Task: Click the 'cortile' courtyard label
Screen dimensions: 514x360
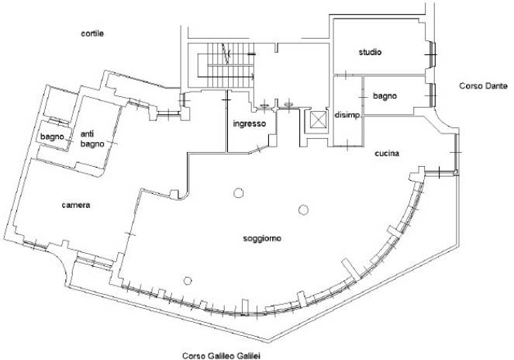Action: click(x=92, y=33)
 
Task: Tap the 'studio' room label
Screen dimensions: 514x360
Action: click(x=370, y=52)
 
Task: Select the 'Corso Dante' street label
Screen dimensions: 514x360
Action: click(x=483, y=86)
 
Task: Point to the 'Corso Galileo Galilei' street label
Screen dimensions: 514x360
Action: click(x=221, y=356)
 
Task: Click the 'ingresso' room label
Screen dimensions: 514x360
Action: click(x=250, y=124)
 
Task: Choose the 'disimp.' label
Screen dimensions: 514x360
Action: click(x=348, y=116)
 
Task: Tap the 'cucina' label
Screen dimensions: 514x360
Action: click(x=387, y=154)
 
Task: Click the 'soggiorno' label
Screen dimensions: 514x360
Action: click(x=262, y=239)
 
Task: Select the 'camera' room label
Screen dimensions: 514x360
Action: click(x=76, y=205)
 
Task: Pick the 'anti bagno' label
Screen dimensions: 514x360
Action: click(x=92, y=139)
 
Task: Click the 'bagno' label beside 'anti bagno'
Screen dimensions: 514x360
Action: click(x=52, y=137)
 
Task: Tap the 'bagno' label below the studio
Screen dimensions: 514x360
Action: click(x=385, y=96)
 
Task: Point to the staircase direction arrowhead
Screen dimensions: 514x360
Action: click(x=253, y=77)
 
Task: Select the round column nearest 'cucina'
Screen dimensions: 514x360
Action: click(x=304, y=209)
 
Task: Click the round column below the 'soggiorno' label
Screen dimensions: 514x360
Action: click(x=188, y=281)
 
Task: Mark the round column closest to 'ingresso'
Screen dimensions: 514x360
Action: click(x=238, y=193)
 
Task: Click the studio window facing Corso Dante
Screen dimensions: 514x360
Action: click(x=433, y=55)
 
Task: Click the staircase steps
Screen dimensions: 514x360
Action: click(x=226, y=65)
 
